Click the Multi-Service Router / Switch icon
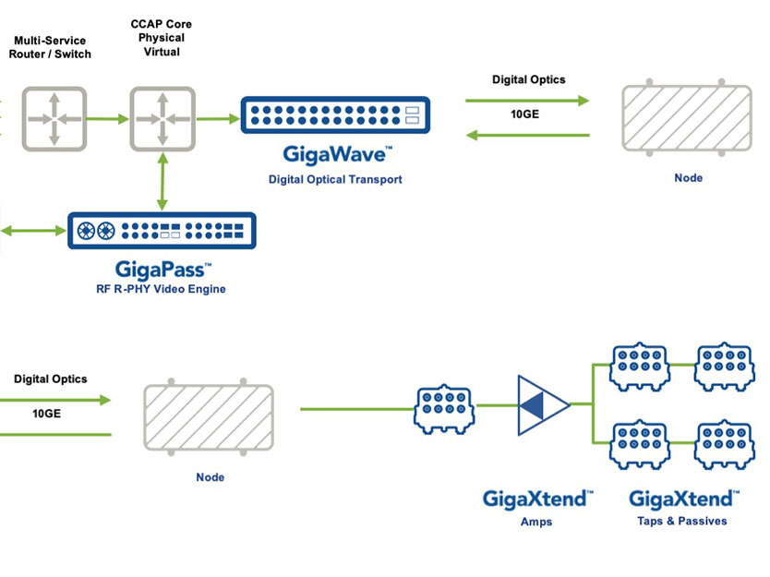[x=54, y=119]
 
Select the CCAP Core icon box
[x=162, y=119]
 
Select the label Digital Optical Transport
[x=335, y=179]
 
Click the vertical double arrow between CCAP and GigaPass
[x=162, y=182]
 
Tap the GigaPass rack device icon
[x=162, y=231]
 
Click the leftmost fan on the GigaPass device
[x=87, y=230]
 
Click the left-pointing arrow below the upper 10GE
[x=528, y=136]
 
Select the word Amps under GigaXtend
[x=536, y=522]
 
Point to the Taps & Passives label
[x=681, y=522]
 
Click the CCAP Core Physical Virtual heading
[x=161, y=38]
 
